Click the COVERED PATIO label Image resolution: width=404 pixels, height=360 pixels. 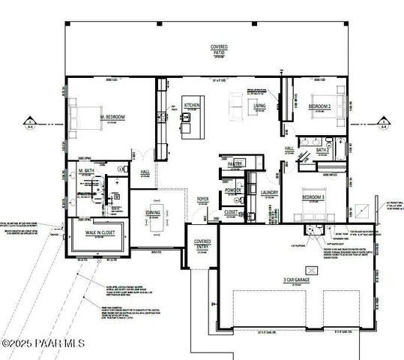(219, 50)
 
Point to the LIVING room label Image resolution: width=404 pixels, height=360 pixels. (259, 106)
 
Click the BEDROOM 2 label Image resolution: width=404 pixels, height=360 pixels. (320, 106)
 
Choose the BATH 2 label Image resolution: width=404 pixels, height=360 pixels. (323, 150)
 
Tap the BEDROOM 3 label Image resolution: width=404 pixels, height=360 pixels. (313, 196)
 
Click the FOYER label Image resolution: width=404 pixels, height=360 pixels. (202, 199)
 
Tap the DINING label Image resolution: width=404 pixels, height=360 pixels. (152, 212)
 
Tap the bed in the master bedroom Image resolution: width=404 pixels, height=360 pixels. (81, 116)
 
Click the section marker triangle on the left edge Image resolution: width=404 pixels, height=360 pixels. (28, 121)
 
